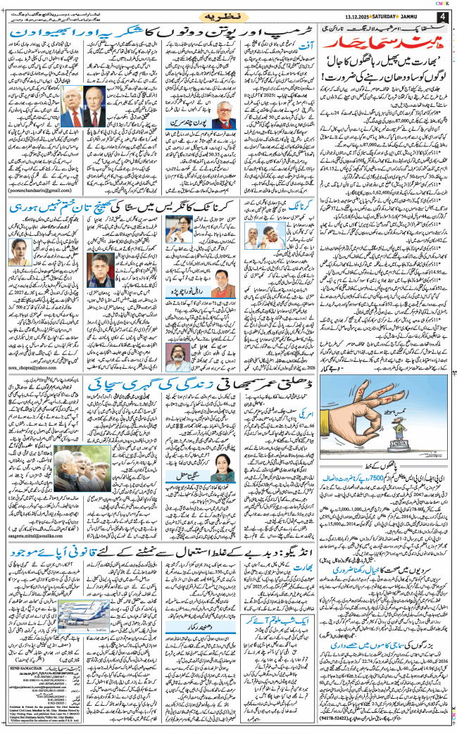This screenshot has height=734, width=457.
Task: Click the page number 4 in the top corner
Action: pos(442,16)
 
